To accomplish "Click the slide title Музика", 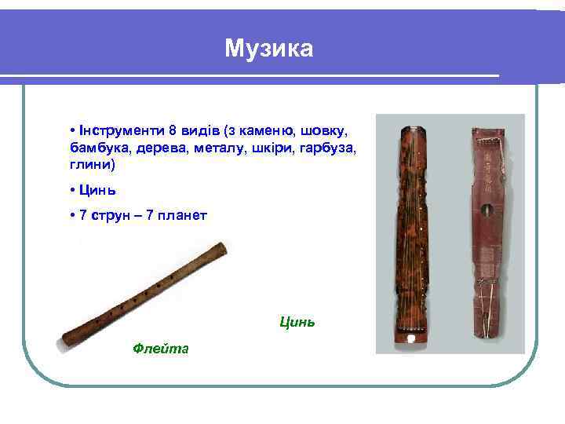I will coord(268,49).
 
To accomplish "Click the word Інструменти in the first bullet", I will coord(110,130).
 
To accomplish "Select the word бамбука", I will coord(95,148).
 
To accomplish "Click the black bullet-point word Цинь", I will coord(97,190).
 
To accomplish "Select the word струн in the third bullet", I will coord(111,214).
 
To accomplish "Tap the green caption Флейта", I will coord(161,348).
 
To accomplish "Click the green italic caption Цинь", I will coord(297,321).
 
